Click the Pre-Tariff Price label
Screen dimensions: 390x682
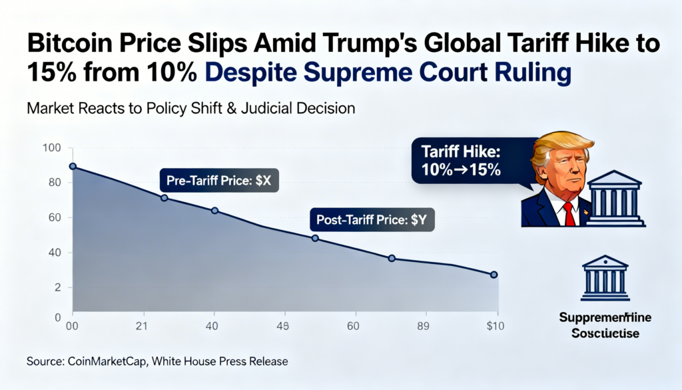pyautogui.click(x=219, y=180)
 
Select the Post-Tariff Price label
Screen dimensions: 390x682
pyautogui.click(x=372, y=219)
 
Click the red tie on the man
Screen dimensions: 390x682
pyautogui.click(x=568, y=213)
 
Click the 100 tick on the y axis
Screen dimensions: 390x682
pyautogui.click(x=51, y=147)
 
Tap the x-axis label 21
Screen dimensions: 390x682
pyautogui.click(x=141, y=326)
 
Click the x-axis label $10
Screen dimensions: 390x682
pyautogui.click(x=495, y=326)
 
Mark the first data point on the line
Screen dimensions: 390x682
pyautogui.click(x=73, y=166)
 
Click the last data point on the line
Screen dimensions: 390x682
pyautogui.click(x=494, y=275)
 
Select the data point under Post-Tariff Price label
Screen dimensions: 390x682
pyautogui.click(x=315, y=238)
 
